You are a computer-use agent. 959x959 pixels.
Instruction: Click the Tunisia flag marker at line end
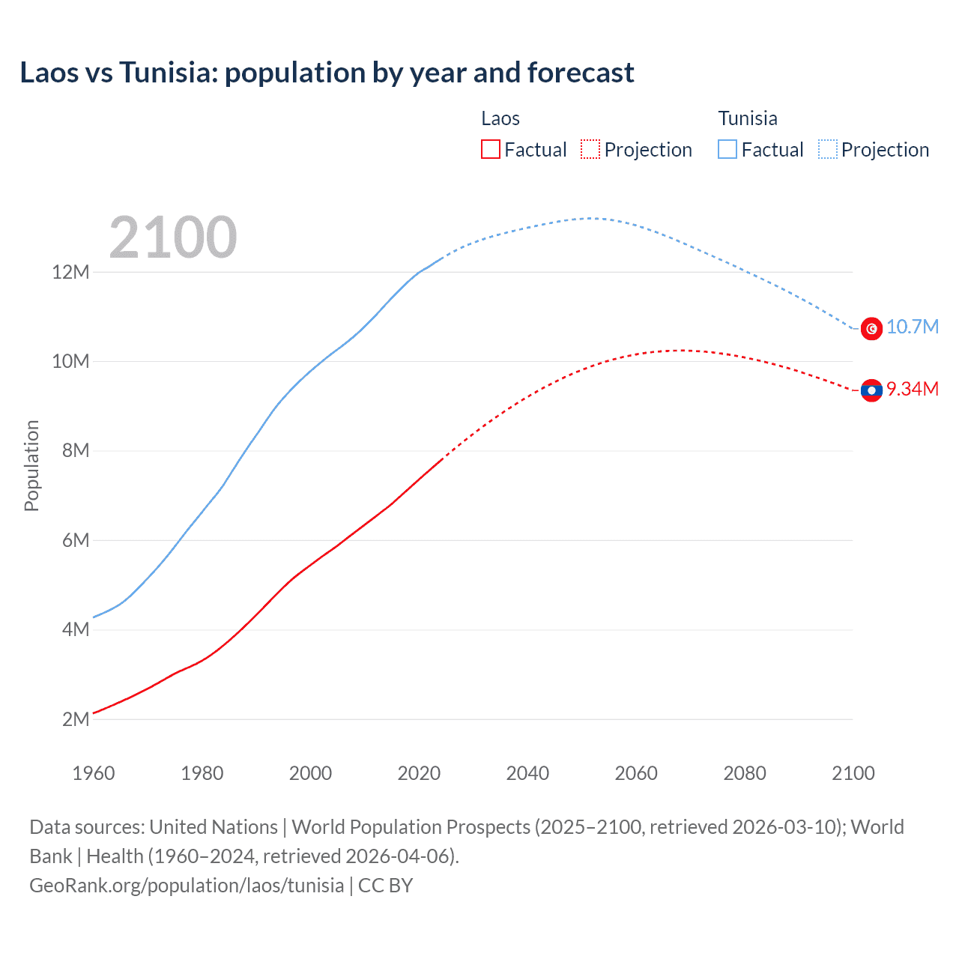871,328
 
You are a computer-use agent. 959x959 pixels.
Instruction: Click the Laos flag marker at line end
871,390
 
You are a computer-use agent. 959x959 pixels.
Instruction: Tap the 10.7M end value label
912,327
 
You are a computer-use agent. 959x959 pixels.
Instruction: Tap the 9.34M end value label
912,389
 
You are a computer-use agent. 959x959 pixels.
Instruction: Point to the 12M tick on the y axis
70,272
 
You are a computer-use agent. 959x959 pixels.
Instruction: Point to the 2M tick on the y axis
75,719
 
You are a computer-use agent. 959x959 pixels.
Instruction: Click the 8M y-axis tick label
75,451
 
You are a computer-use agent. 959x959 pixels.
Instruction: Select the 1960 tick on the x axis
94,773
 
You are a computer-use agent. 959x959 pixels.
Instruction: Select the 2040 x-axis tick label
527,773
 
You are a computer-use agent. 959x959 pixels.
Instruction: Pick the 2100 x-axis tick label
853,773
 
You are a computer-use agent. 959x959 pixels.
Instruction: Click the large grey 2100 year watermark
172,238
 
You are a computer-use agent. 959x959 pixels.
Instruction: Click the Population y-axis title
31,465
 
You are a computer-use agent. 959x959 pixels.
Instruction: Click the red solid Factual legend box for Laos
491,149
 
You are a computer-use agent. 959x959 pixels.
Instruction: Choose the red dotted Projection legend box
590,149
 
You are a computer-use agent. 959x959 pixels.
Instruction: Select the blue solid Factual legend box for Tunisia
727,149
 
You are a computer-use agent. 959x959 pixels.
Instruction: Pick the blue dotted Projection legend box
827,149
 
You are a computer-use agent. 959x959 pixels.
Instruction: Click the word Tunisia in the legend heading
748,118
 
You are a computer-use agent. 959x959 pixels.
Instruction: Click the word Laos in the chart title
49,73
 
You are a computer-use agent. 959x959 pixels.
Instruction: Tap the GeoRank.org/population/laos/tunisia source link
187,886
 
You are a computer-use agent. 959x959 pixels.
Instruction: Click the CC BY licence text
385,886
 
